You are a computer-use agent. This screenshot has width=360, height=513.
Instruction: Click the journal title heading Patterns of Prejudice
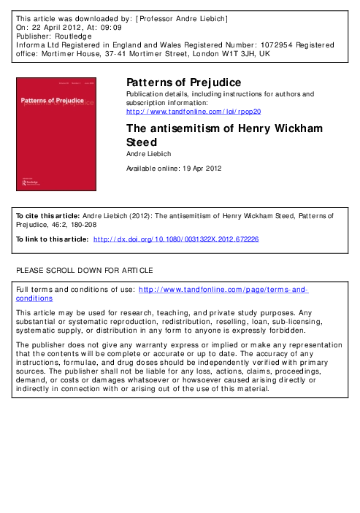coord(179,82)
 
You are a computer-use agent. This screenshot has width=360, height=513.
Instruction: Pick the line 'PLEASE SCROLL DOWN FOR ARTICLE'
coord(84,271)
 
